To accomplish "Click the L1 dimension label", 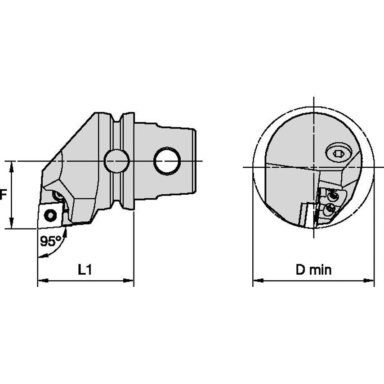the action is tap(85, 270).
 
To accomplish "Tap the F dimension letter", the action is tap(2, 195).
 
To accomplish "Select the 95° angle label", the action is tap(51, 241).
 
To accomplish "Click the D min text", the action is tap(313, 270).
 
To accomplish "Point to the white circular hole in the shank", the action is tap(167, 161).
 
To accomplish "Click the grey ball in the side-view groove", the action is tap(116, 161).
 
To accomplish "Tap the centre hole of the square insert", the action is tap(50, 215).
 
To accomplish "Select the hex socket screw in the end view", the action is tap(339, 153).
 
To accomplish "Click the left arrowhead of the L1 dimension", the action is tap(42, 281).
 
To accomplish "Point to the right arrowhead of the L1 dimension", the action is tap(129, 281).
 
